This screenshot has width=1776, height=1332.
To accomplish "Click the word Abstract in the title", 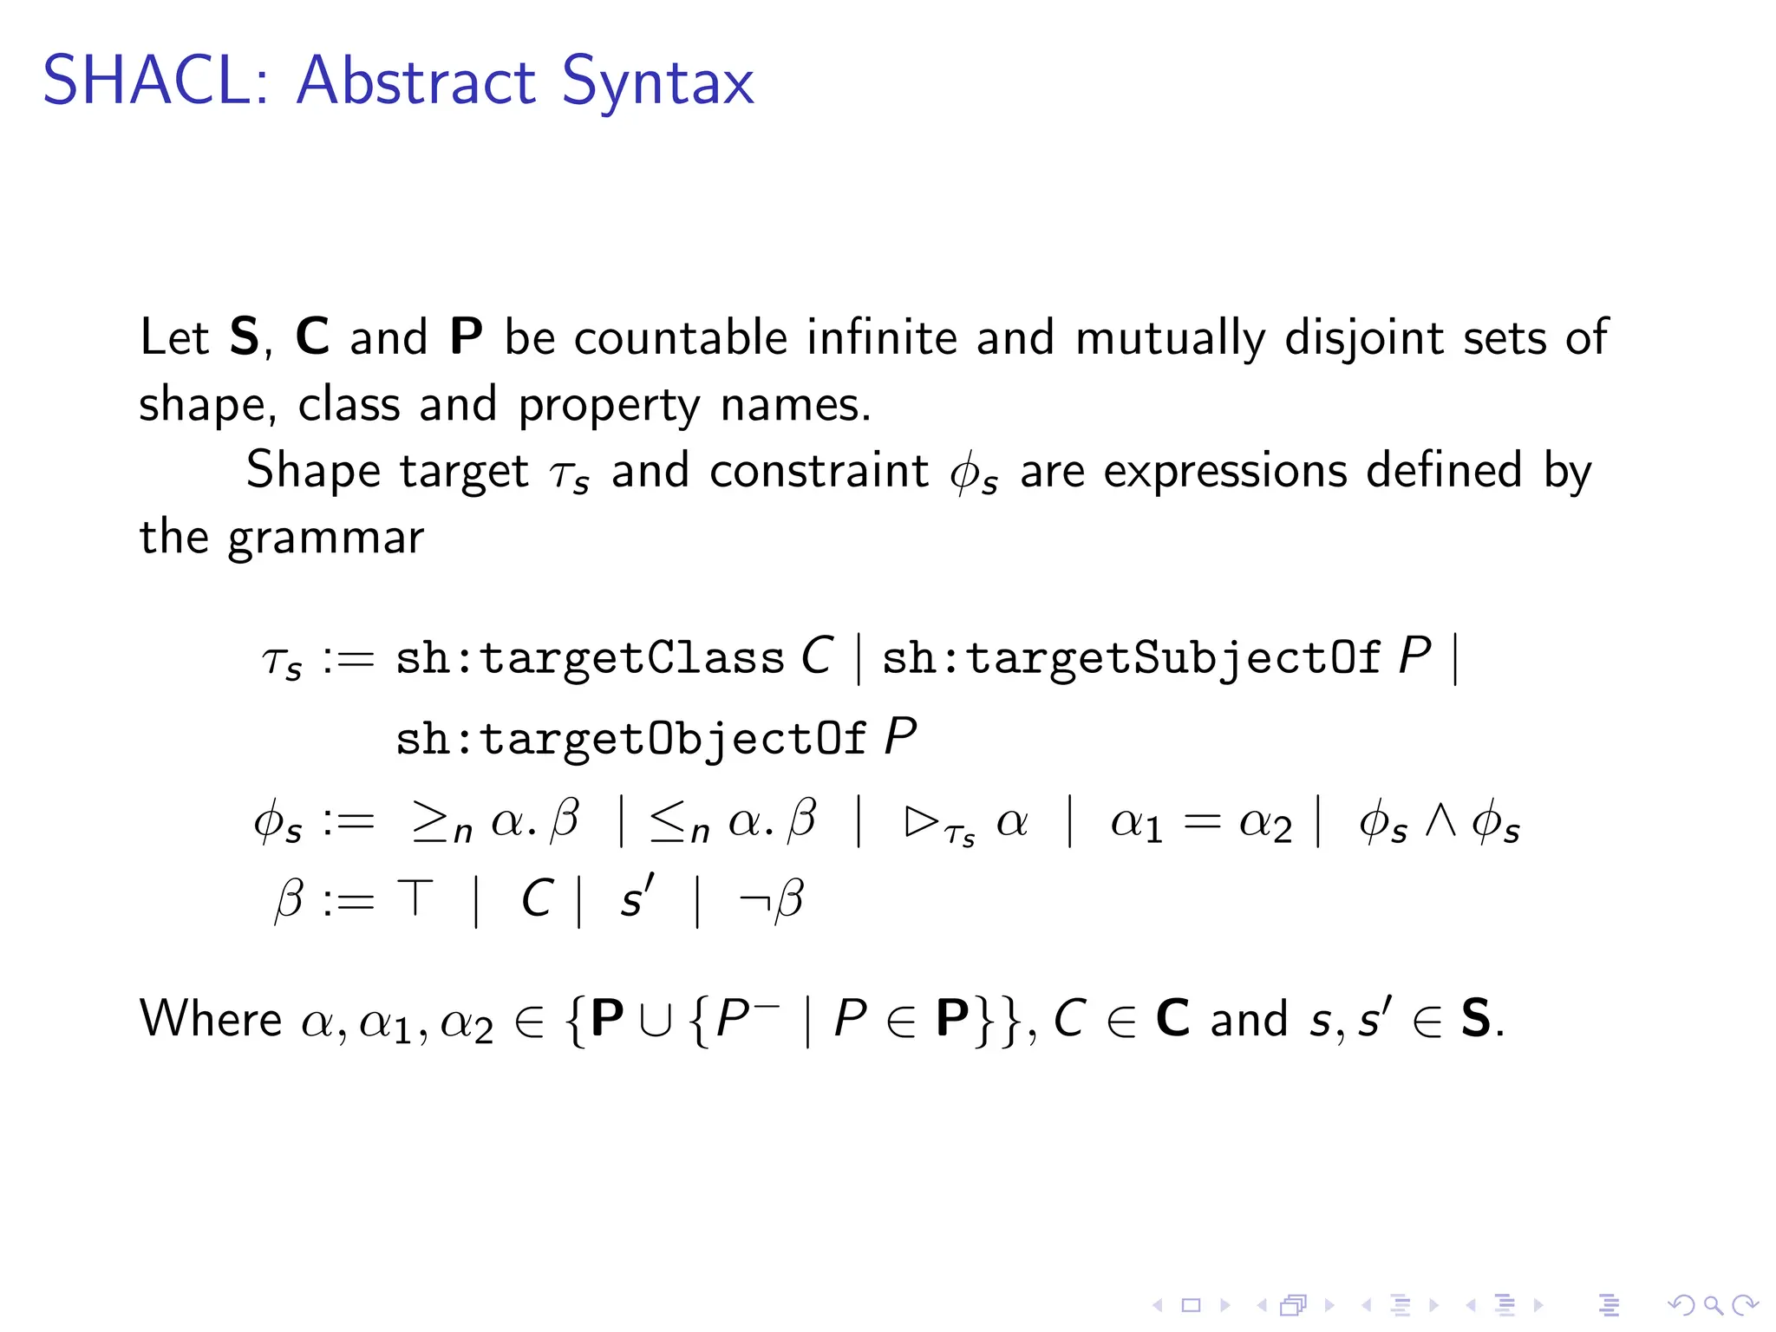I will point(416,82).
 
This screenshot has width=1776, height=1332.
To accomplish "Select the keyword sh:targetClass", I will point(590,659).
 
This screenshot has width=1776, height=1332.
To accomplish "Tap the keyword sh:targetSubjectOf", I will point(1130,659).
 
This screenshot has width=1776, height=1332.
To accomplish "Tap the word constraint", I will point(819,472).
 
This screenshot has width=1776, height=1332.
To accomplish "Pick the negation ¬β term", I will point(771,899).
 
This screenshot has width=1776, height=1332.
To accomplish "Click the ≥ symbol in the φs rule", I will point(431,820).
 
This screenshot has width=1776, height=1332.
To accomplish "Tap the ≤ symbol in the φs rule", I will point(669,820).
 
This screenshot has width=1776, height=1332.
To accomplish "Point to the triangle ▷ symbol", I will point(921,820).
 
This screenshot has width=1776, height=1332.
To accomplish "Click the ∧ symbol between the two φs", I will point(1440,820).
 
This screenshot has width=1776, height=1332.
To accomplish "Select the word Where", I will point(211,1019).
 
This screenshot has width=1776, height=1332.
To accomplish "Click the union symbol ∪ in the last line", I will point(656,1021).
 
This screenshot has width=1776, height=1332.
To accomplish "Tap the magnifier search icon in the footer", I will point(1713,1305).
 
